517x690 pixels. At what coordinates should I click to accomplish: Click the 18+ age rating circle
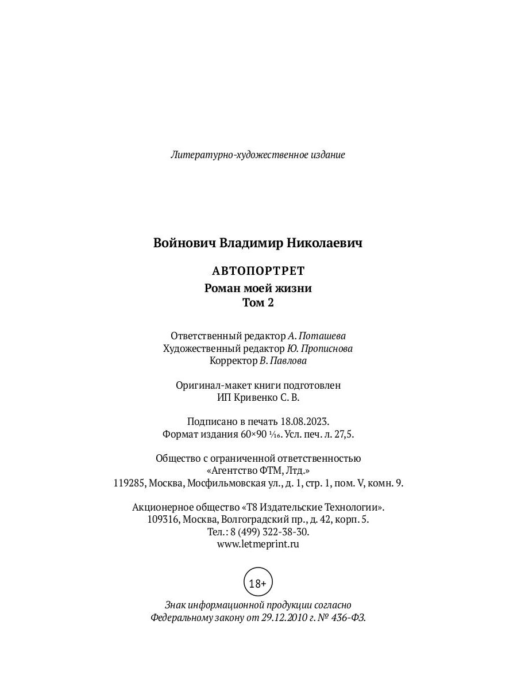point(258,583)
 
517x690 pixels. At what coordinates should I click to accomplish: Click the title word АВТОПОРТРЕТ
point(258,271)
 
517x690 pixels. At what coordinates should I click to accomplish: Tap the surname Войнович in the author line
point(184,243)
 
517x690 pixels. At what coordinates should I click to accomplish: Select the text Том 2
point(258,303)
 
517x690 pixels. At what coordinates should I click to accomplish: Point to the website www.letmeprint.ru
point(258,544)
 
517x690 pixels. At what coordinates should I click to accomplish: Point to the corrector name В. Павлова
point(283,361)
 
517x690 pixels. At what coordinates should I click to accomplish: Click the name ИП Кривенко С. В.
point(258,397)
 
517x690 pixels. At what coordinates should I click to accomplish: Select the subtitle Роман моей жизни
point(258,289)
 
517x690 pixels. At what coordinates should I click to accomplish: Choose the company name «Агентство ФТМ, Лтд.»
point(258,471)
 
